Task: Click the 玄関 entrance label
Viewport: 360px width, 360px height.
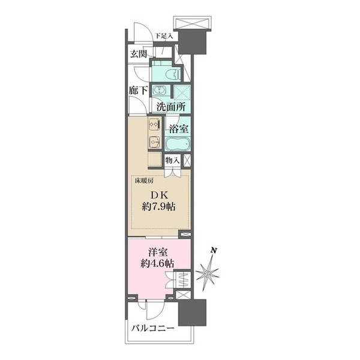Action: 139,54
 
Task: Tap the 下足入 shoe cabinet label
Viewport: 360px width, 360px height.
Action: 163,36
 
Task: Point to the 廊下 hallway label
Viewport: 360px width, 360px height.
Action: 138,91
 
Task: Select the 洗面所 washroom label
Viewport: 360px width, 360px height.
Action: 171,107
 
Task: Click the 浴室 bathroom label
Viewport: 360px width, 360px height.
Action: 179,129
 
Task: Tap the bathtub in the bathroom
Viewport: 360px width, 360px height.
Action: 178,144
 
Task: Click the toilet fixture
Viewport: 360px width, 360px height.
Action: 173,74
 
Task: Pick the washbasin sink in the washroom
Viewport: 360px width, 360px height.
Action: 158,89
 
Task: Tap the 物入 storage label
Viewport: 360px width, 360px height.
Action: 172,160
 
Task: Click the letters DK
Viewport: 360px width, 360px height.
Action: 159,196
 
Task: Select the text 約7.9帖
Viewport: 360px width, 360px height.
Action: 158,207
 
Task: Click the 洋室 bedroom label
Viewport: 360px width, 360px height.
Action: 157,253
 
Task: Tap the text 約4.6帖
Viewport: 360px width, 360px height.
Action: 157,263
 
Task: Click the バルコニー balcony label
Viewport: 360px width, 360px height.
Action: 152,329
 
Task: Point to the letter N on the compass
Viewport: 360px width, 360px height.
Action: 214,250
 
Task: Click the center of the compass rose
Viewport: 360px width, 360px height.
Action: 208,274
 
